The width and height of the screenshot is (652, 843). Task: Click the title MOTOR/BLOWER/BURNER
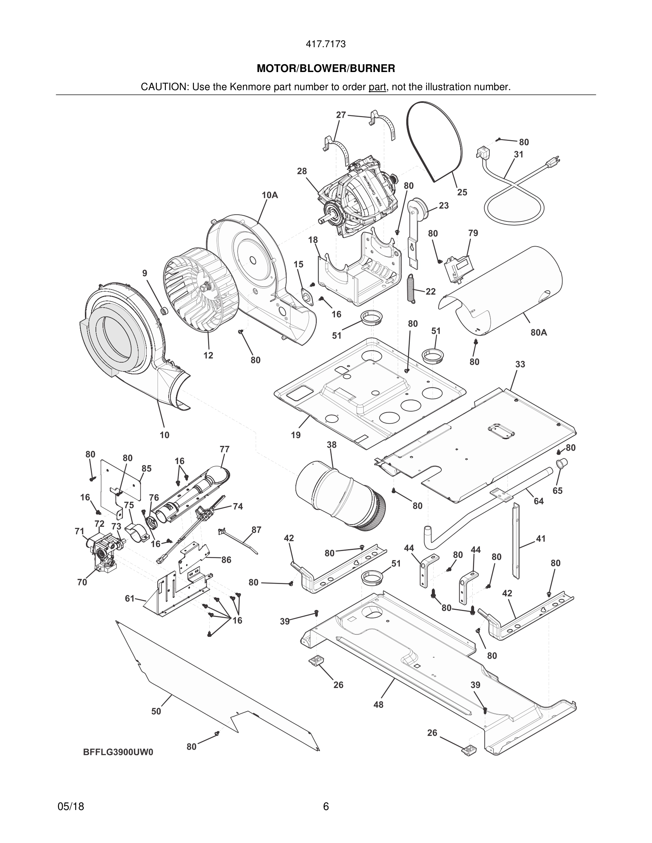pos(326,69)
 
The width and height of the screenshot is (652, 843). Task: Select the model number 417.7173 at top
pos(326,44)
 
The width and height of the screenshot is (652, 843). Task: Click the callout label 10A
pos(270,195)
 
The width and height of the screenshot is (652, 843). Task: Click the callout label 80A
pos(538,332)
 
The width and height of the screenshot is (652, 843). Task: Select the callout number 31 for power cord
pos(518,154)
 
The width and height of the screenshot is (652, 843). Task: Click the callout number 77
pos(224,449)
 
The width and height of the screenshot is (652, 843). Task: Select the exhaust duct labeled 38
pos(336,495)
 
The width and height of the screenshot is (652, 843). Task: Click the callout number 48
pos(378,704)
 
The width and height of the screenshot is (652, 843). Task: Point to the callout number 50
pos(156,711)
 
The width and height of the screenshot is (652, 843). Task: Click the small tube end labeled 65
pos(561,463)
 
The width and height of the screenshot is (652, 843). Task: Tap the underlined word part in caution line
pos(377,87)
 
